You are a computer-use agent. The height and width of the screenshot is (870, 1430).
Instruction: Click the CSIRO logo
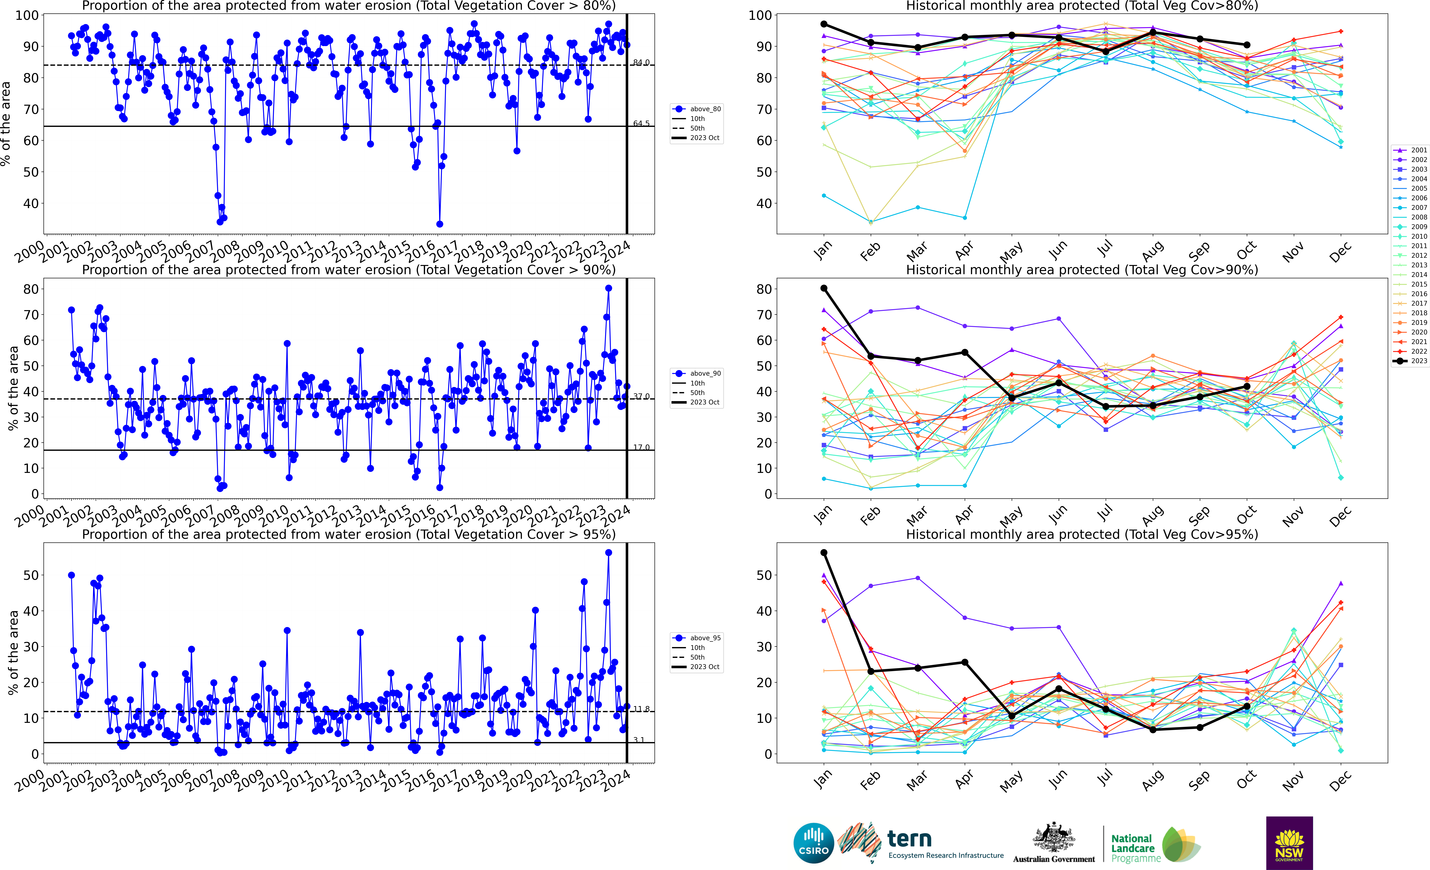click(x=814, y=843)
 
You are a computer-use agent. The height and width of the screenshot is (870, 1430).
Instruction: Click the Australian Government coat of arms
click(x=1053, y=838)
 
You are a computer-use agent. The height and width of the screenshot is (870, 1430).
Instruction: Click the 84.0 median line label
click(x=641, y=63)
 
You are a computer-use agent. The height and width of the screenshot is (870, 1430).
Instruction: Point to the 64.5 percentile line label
click(x=641, y=124)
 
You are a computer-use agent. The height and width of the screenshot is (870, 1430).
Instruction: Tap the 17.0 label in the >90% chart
click(x=641, y=447)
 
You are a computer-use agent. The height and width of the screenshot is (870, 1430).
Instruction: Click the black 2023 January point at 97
click(x=824, y=24)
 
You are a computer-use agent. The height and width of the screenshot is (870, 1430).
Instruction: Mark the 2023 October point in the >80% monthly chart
click(x=1247, y=45)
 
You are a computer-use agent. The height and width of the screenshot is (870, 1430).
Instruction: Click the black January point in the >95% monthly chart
click(x=824, y=553)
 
